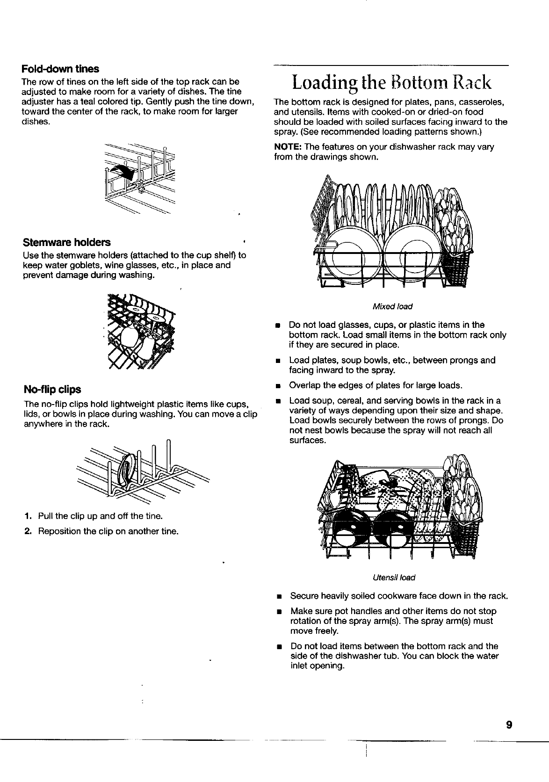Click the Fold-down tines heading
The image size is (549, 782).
60,69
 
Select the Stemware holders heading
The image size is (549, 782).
67,242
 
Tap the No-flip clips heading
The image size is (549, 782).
52,390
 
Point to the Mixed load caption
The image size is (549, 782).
392,306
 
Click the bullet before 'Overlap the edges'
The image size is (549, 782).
278,386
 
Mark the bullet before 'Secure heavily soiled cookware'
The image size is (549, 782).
279,597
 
